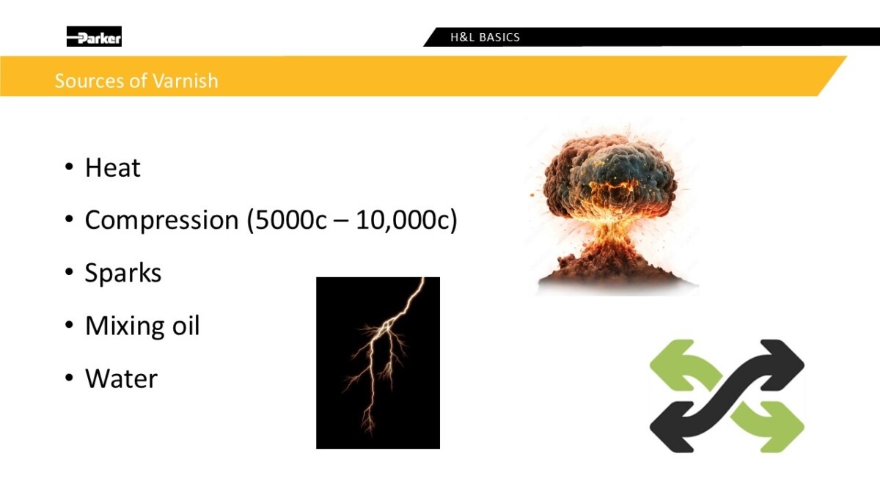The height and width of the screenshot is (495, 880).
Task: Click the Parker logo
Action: click(x=94, y=37)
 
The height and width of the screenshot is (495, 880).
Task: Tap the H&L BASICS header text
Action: click(x=485, y=37)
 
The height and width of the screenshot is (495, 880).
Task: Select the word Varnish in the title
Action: click(x=185, y=81)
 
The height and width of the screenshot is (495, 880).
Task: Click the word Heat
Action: click(x=113, y=168)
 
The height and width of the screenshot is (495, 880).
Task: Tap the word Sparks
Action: click(x=123, y=273)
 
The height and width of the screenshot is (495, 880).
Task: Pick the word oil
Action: click(x=186, y=326)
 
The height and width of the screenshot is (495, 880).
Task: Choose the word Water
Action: click(x=122, y=378)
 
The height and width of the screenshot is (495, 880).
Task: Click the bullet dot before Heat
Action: click(x=69, y=167)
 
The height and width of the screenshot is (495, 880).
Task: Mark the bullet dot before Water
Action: click(x=69, y=378)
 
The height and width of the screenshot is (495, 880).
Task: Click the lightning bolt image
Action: click(x=378, y=362)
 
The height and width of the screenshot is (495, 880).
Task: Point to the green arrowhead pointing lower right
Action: click(x=782, y=427)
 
